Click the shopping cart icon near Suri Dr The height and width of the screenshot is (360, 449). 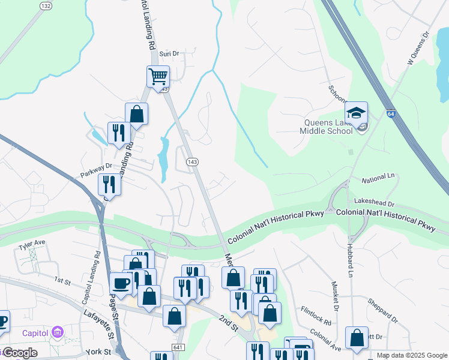[158, 77]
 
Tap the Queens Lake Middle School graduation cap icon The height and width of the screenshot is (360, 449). [356, 113]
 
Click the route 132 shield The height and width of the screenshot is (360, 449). [46, 5]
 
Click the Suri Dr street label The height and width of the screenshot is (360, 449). [169, 53]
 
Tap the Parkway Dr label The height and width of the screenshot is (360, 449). [97, 170]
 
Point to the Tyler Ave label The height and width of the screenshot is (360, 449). [32, 245]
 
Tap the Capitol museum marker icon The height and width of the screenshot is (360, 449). [58, 332]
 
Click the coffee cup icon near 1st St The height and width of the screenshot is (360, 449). [120, 283]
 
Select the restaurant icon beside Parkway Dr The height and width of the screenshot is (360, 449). [109, 184]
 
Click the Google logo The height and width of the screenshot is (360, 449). [19, 352]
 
